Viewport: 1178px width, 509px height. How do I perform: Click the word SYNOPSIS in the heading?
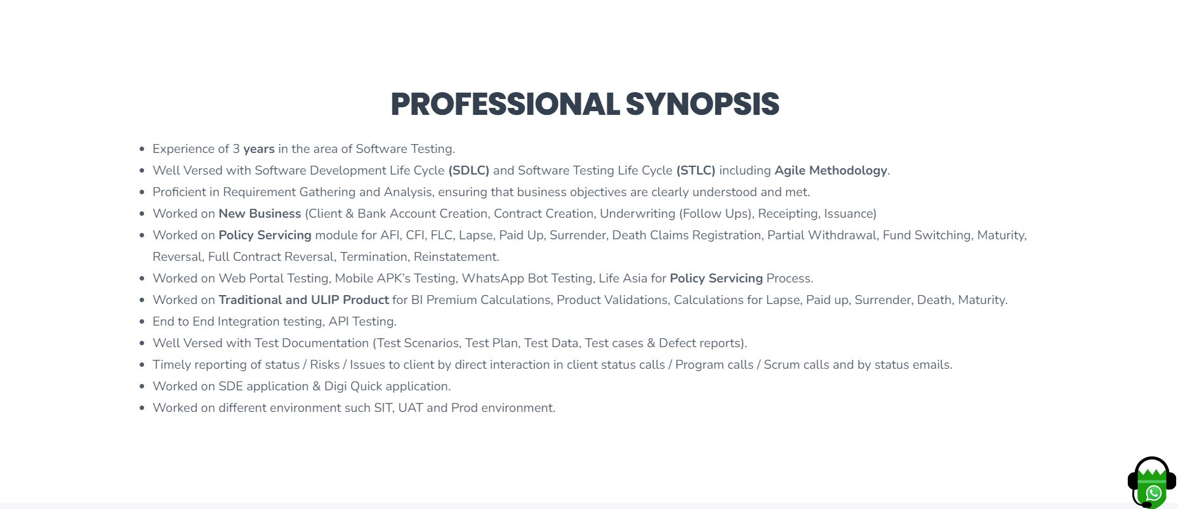point(703,104)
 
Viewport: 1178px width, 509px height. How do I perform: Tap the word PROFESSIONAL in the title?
point(505,104)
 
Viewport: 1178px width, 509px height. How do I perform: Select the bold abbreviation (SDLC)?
point(469,171)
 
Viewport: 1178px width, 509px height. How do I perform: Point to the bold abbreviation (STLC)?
point(696,171)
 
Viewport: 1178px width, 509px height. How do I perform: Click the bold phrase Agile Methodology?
point(831,171)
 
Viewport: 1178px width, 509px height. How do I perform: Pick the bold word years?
point(259,149)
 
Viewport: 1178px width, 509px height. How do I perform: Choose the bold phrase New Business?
point(260,214)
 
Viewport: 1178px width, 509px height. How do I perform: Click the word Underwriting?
point(638,214)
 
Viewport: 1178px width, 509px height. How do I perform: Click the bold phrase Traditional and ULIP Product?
point(303,300)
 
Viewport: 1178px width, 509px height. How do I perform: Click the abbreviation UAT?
point(411,408)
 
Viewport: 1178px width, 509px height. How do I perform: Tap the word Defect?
point(677,343)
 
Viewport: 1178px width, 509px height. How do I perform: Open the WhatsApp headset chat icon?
point(1152,482)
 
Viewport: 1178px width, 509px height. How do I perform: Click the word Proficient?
point(180,192)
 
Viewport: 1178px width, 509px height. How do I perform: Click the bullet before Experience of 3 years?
point(142,150)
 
